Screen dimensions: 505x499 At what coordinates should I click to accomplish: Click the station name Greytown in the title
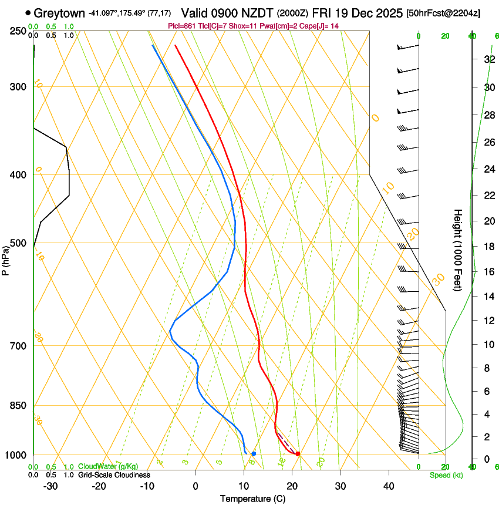[x=59, y=13]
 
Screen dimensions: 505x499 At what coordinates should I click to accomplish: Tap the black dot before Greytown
[x=28, y=12]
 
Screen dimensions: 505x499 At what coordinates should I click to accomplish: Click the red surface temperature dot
[x=298, y=453]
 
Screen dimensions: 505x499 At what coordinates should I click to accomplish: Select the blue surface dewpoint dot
[x=254, y=453]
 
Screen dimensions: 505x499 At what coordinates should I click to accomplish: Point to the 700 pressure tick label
[x=18, y=346]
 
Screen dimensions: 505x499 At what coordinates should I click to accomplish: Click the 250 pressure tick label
[x=18, y=31]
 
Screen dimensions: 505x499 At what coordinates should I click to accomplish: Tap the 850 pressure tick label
[x=18, y=406]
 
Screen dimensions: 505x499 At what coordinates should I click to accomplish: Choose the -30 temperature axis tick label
[x=50, y=486]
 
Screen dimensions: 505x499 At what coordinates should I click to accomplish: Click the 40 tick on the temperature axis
[x=389, y=486]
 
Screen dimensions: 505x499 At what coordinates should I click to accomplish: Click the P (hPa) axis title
[x=6, y=259]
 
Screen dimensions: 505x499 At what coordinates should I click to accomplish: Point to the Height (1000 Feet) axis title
[x=458, y=250]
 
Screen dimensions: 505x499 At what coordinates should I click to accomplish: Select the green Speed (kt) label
[x=446, y=475]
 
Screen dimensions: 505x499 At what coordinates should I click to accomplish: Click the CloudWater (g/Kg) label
[x=108, y=467]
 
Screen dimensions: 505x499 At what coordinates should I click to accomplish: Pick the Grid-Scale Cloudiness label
[x=114, y=475]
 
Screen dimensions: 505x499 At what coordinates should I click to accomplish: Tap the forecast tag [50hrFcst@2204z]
[x=443, y=13]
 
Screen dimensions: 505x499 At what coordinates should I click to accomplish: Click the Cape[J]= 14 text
[x=321, y=26]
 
